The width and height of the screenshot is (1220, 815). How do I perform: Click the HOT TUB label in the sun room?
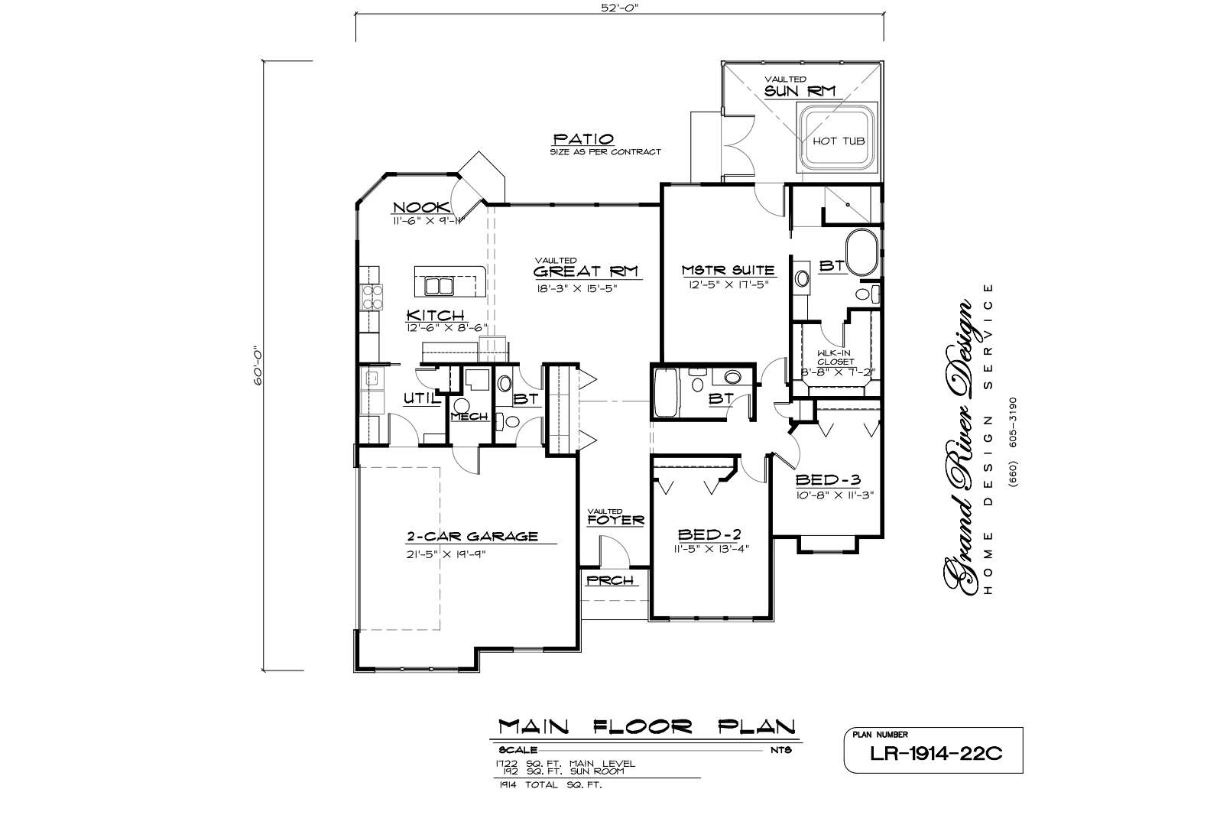(x=839, y=141)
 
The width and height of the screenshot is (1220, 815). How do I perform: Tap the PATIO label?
(x=583, y=139)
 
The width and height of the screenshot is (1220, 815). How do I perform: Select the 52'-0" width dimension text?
(x=620, y=8)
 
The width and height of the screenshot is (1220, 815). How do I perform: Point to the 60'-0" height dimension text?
(x=258, y=366)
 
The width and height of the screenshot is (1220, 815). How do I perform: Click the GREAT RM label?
(x=586, y=271)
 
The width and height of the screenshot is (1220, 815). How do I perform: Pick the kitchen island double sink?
(x=439, y=286)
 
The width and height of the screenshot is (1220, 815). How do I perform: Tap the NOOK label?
(x=421, y=207)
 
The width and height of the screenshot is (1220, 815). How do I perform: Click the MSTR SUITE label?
(x=728, y=270)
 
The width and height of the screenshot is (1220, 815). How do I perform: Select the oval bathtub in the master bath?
(x=861, y=252)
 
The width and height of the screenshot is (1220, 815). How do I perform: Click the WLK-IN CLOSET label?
(x=836, y=357)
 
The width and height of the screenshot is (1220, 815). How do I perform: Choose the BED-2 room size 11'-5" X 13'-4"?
(x=712, y=549)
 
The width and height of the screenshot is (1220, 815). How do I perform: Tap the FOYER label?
(x=616, y=521)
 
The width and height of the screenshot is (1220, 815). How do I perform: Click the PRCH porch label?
(x=610, y=581)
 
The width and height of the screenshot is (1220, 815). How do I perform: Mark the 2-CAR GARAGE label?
(x=472, y=536)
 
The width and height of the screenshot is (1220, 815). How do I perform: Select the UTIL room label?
(x=421, y=398)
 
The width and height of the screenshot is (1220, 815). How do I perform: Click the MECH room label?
(x=469, y=417)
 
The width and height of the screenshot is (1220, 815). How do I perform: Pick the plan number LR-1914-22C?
(x=936, y=753)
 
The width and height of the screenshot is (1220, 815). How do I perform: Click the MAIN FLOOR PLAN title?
(x=647, y=726)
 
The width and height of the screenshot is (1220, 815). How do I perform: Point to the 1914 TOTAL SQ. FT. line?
(x=550, y=785)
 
